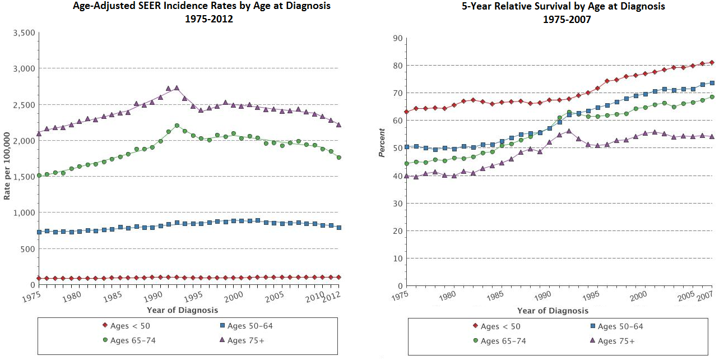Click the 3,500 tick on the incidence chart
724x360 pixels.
[x=24, y=33]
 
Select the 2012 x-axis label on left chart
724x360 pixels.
[x=332, y=294]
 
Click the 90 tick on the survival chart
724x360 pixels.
[x=398, y=39]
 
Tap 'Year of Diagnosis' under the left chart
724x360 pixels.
[x=182, y=310]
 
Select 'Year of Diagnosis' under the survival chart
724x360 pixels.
[x=553, y=311]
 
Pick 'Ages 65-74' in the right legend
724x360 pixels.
[x=503, y=341]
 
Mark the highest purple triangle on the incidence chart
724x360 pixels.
[x=177, y=87]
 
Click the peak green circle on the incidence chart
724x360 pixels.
[x=177, y=126]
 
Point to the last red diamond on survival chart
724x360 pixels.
[x=712, y=62]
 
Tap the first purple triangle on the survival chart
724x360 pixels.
[x=407, y=176]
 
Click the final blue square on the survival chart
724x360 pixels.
[x=712, y=83]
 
